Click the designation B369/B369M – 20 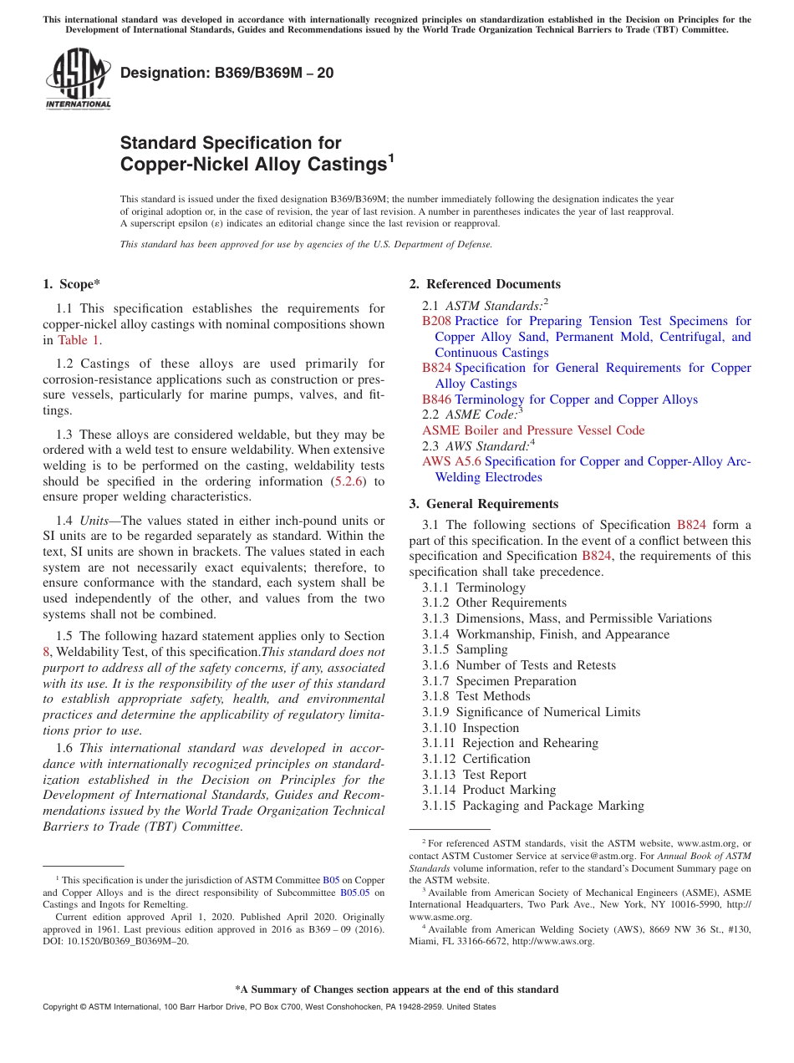coord(226,73)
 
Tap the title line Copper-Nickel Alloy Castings coord(252,165)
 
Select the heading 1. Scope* coord(73,284)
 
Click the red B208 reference coord(436,321)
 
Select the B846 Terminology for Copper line coord(559,399)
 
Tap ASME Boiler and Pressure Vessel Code coord(533,430)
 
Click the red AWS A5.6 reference coord(451,461)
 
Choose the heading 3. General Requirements coord(483,504)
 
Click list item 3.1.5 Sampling coord(465,649)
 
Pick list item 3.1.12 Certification coord(476,759)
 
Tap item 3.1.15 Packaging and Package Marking coord(532,806)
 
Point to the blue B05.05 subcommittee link coord(354,892)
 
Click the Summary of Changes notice coord(396,989)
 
